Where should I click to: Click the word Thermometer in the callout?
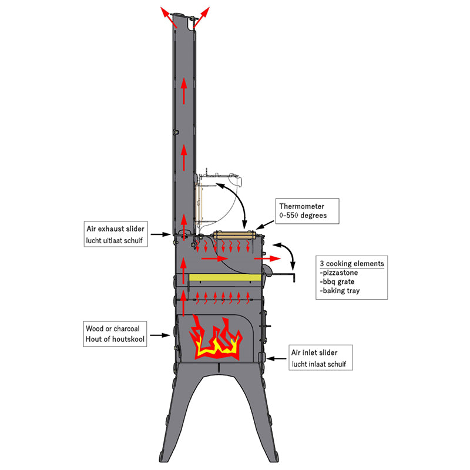301,206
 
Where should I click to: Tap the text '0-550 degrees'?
303,216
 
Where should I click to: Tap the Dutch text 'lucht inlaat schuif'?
321,364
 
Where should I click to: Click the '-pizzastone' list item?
340,273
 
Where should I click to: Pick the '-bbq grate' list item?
338,282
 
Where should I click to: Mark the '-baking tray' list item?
340,291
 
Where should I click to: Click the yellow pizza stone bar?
226,276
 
